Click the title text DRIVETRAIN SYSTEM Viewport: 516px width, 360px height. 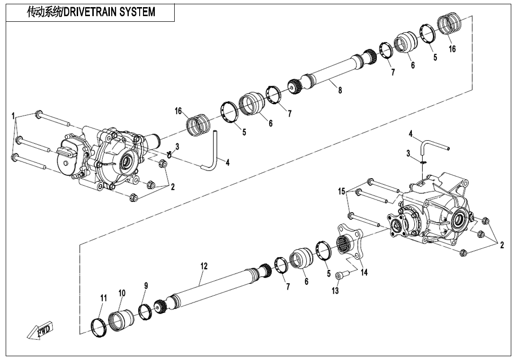91,12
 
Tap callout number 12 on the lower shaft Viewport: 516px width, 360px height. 204,266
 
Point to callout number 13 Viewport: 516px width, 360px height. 335,291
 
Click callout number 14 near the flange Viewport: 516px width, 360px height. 364,272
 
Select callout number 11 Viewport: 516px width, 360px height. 103,298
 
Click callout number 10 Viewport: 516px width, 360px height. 122,293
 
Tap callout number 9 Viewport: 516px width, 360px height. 146,286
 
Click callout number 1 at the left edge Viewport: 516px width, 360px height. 14,115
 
